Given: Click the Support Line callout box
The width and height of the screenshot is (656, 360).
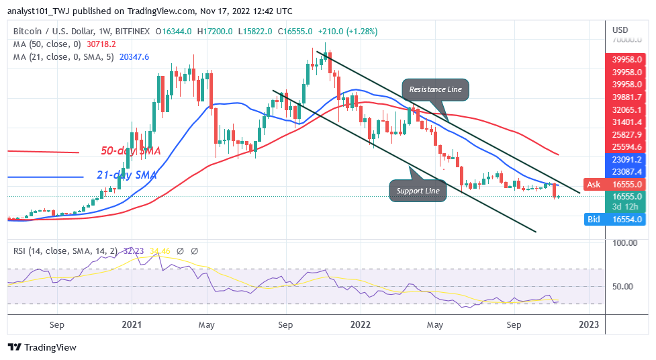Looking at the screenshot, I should pyautogui.click(x=417, y=191).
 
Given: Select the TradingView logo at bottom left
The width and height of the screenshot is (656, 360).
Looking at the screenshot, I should pyautogui.click(x=42, y=347).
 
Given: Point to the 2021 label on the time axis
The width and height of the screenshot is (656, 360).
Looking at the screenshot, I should pyautogui.click(x=132, y=325).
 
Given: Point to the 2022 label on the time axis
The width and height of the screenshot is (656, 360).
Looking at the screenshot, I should pyautogui.click(x=361, y=325).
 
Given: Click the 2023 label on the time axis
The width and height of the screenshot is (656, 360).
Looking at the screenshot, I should pyautogui.click(x=590, y=325).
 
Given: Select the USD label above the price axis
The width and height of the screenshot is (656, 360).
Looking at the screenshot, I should pyautogui.click(x=620, y=30).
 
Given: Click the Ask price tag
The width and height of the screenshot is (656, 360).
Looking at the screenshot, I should pyautogui.click(x=596, y=184).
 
